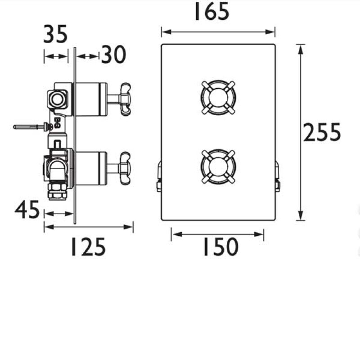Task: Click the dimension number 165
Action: pyautogui.click(x=211, y=12)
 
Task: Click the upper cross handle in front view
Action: pyautogui.click(x=218, y=97)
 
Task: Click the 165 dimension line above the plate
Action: pyautogui.click(x=218, y=32)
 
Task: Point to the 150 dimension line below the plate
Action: pyautogui.click(x=218, y=234)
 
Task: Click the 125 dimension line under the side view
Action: pyautogui.click(x=89, y=227)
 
